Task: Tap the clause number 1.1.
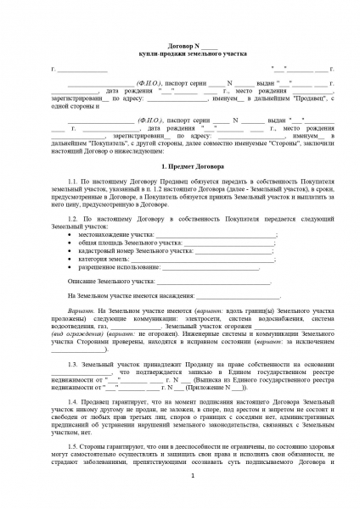coord(74,182)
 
